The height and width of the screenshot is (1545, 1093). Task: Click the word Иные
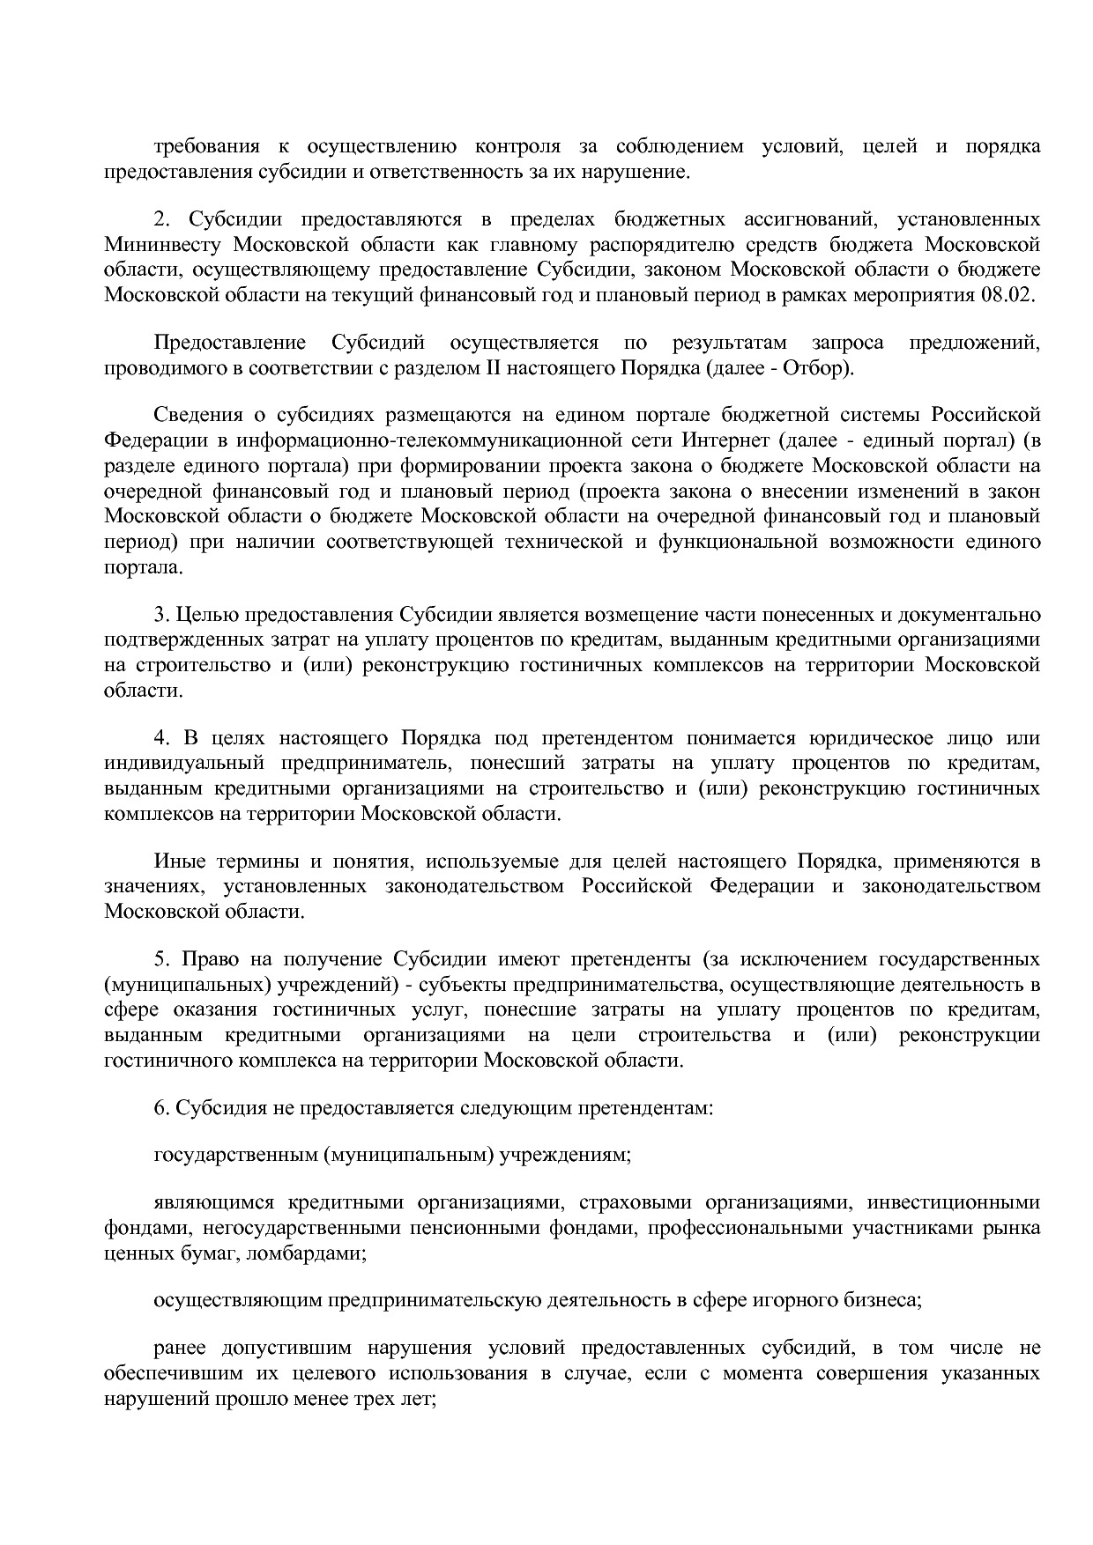pos(180,861)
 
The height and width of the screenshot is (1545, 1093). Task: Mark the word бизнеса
pos(886,1299)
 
